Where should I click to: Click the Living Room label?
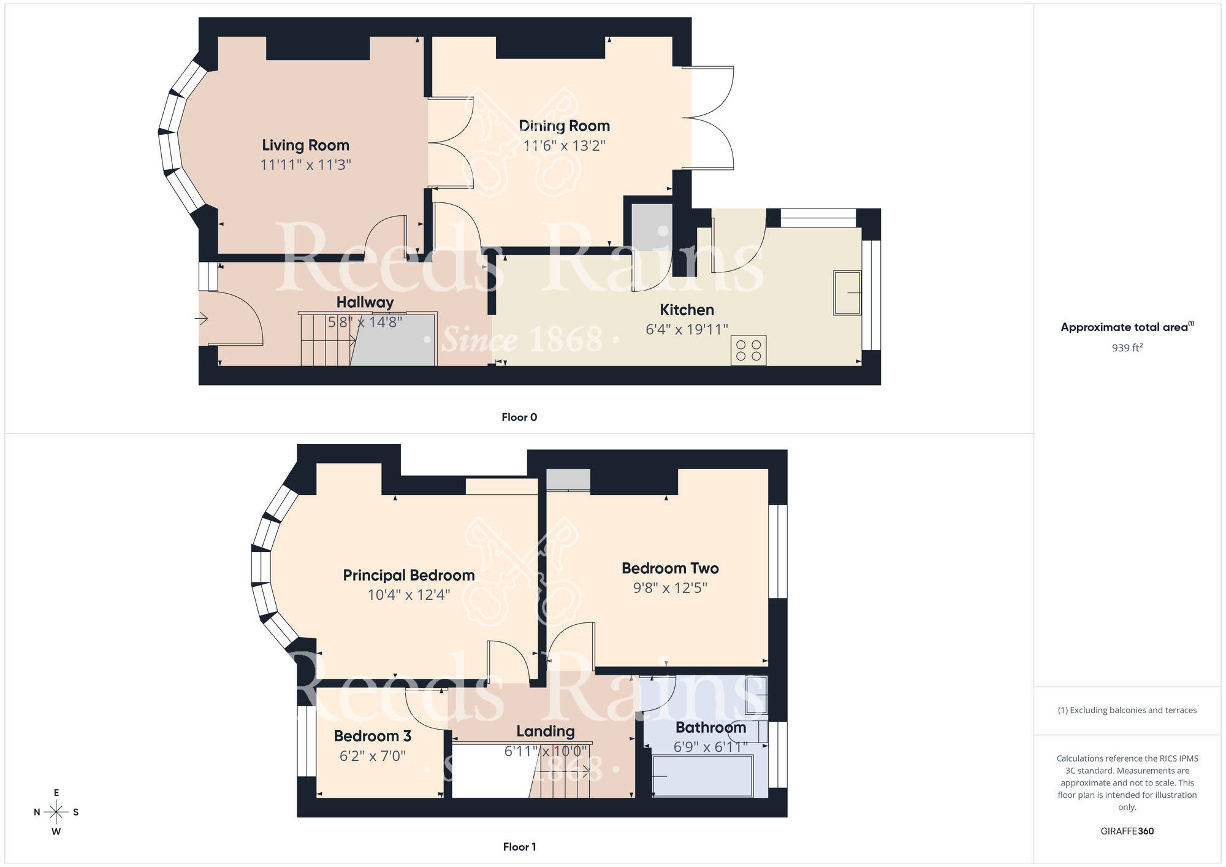(305, 145)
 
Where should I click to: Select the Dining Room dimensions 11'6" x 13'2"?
(564, 146)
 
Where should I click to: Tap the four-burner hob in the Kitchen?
(748, 350)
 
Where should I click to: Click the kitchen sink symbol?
(847, 293)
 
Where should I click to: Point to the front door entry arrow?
(202, 318)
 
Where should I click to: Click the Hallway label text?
(365, 302)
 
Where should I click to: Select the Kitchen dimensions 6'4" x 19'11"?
(687, 330)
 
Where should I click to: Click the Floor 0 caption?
(519, 418)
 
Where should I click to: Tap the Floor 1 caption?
(519, 847)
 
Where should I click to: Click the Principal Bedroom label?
(408, 575)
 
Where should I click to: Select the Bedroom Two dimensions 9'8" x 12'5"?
(670, 588)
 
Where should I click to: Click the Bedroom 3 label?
(372, 736)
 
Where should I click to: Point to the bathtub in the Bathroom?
(702, 776)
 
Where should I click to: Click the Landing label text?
(545, 731)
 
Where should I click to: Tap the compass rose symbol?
(56, 812)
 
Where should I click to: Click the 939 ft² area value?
(1127, 348)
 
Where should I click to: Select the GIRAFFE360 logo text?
(1127, 831)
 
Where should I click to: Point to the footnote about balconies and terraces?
(1127, 711)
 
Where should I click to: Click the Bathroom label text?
(710, 728)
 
